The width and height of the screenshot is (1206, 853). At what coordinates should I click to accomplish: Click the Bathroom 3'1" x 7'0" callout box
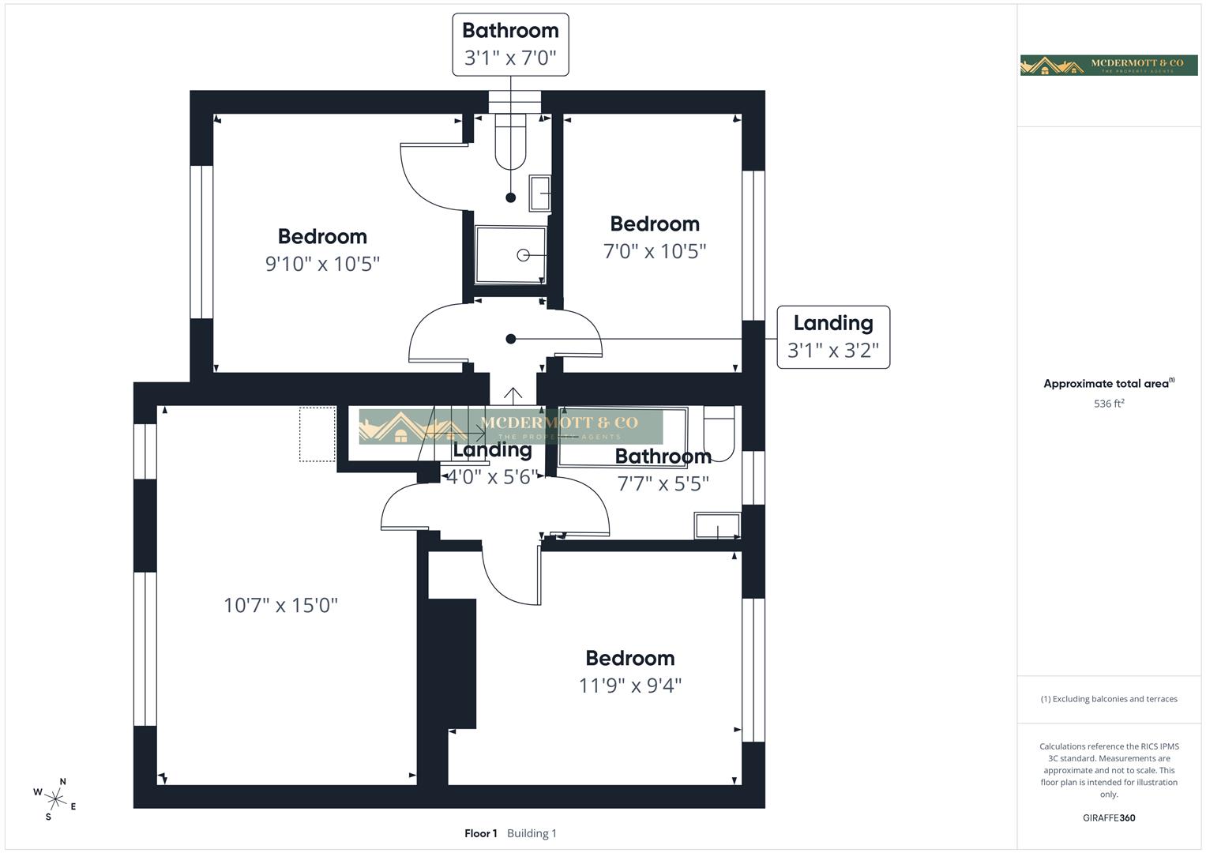click(510, 44)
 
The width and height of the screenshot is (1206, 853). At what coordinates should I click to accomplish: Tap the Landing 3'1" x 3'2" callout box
click(833, 337)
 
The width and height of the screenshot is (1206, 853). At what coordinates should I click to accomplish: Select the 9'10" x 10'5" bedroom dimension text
click(322, 264)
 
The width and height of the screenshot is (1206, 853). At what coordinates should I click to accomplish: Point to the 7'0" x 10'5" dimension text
click(654, 251)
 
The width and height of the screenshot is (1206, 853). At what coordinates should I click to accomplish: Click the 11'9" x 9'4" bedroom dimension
click(629, 686)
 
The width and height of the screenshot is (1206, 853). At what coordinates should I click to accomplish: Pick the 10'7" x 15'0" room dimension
click(280, 606)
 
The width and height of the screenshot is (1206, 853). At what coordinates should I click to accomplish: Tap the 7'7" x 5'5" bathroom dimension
click(663, 483)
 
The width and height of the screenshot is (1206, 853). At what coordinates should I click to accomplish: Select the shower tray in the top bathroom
click(510, 255)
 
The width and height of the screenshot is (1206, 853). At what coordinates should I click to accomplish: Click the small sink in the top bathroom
click(539, 193)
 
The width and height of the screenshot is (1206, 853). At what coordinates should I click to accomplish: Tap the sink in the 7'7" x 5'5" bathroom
click(717, 526)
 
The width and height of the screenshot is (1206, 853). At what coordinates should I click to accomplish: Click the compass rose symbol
click(55, 799)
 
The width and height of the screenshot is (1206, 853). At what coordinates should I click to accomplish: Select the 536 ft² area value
click(1109, 404)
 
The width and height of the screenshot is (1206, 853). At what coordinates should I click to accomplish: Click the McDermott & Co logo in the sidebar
click(1109, 65)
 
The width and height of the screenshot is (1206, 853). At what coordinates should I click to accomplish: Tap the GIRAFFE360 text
click(1109, 817)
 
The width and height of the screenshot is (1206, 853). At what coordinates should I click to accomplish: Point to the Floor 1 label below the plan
click(480, 833)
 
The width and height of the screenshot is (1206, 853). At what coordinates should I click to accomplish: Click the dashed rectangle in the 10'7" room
click(317, 434)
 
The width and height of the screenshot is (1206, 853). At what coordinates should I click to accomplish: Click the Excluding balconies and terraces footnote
click(1109, 699)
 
